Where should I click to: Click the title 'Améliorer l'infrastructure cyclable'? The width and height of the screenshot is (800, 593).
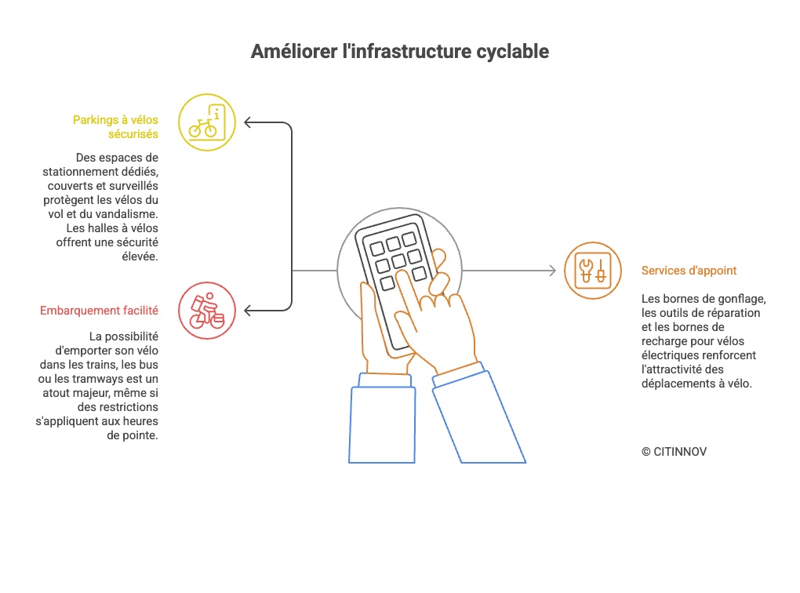point(399,52)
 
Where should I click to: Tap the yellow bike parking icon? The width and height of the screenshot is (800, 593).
point(207,122)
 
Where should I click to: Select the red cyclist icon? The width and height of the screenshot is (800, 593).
point(207,311)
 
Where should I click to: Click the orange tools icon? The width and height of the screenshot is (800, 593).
point(592,271)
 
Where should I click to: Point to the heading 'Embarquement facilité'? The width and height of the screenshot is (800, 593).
point(99,311)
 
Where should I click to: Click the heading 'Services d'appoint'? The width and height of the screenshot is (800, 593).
point(689,271)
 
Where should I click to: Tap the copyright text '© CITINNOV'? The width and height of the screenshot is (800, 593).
point(674,452)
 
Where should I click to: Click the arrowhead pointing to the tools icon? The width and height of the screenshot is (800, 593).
point(551,271)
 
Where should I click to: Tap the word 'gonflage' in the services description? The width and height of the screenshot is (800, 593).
point(743,299)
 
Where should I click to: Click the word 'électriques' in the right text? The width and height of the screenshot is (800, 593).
point(669,355)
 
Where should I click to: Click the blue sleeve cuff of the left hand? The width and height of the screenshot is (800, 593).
point(383,380)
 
